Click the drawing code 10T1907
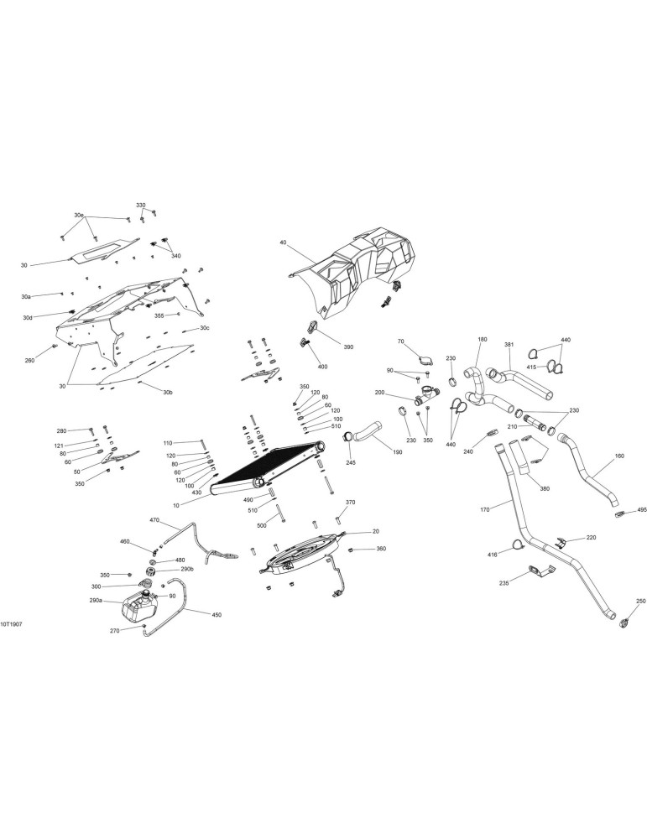tap(11, 624)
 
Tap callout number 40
tap(283, 242)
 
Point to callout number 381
tap(509, 345)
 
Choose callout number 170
tap(485, 509)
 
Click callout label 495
tap(642, 510)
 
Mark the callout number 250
tap(641, 601)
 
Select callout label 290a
tap(96, 601)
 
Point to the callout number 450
tap(217, 615)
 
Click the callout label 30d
tap(28, 318)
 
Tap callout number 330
tap(140, 206)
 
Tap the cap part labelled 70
tap(425, 360)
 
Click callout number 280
tap(62, 430)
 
